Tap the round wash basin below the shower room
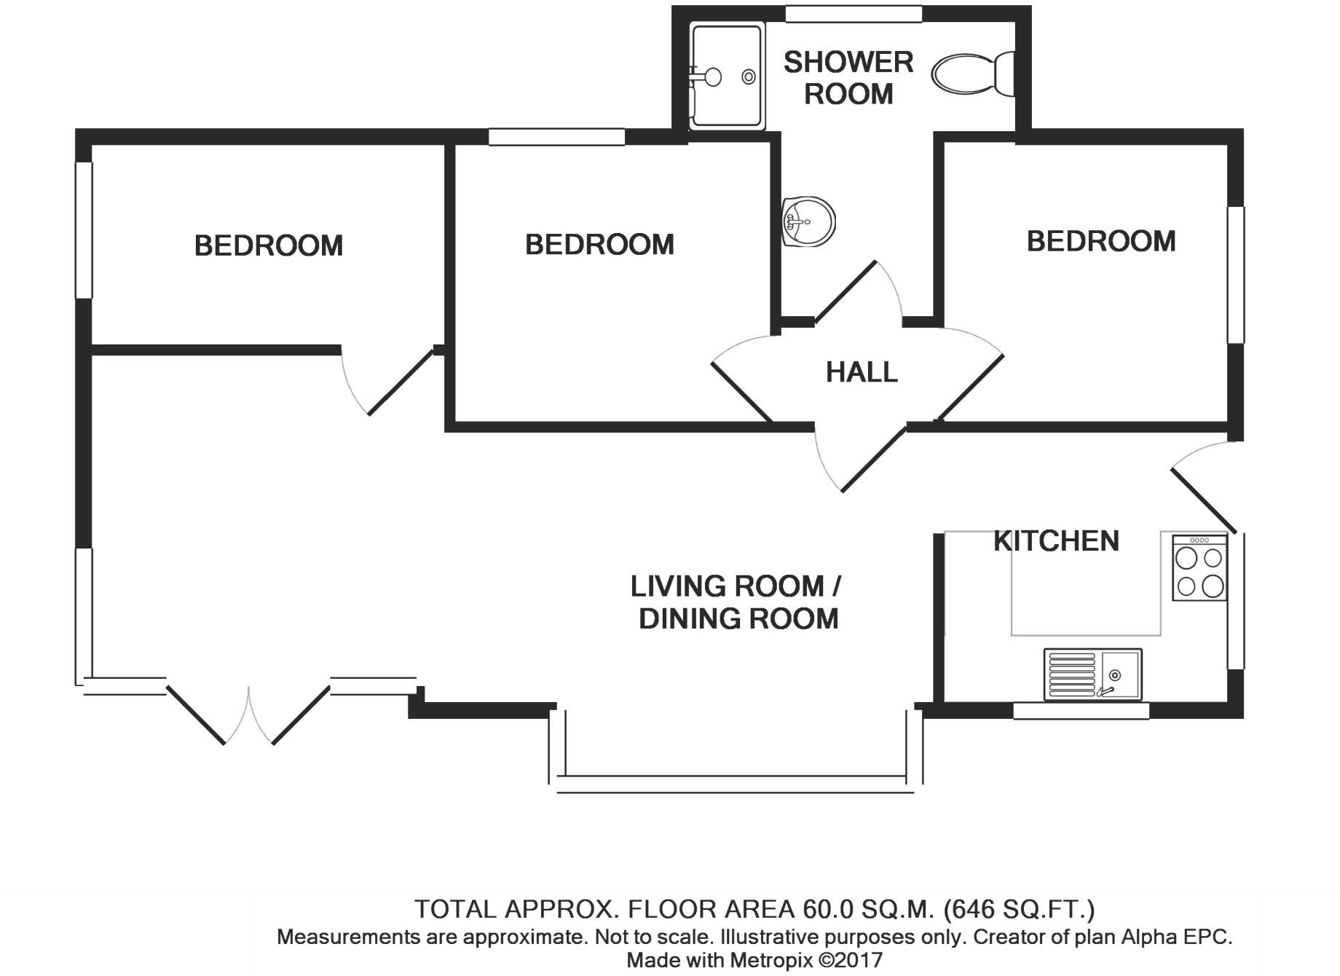click(x=809, y=221)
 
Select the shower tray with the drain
click(x=727, y=76)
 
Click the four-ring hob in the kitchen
click(x=1199, y=568)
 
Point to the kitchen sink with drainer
click(x=1092, y=674)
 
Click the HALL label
click(x=862, y=372)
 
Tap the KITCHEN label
click(x=1056, y=541)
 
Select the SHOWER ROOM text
click(x=848, y=78)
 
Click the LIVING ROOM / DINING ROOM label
click(x=737, y=602)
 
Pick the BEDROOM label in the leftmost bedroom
click(x=268, y=245)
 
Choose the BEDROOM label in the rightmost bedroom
click(x=1100, y=241)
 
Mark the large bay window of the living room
click(x=736, y=783)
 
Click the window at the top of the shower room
click(x=854, y=14)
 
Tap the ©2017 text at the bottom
click(x=851, y=961)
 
